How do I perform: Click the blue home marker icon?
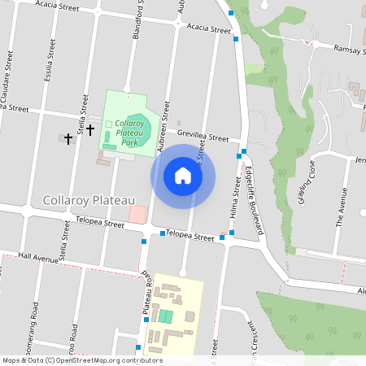(183, 176)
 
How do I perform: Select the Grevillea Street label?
(203, 137)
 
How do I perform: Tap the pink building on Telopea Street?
(137, 215)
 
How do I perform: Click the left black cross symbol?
(68, 139)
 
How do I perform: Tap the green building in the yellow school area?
(166, 316)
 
